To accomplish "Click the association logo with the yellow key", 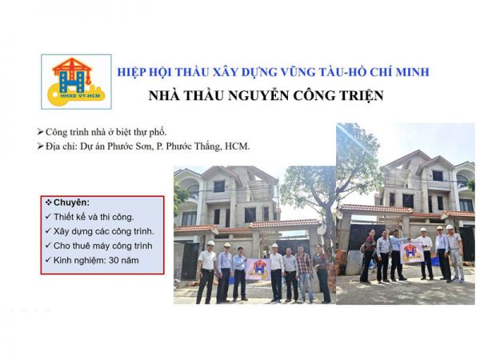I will pos(78,81).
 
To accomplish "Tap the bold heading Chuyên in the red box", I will pos(73,202).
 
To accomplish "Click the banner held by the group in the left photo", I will pos(259,269).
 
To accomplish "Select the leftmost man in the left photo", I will pos(207,272).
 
